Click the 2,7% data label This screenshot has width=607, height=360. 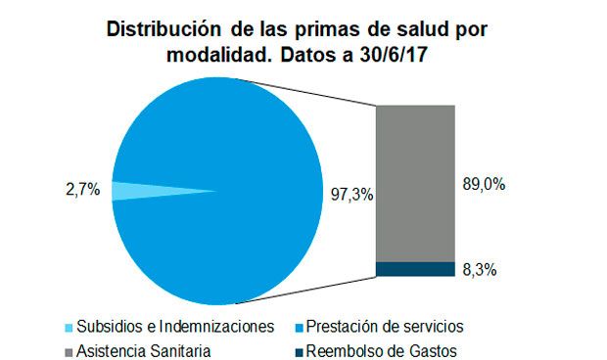82,191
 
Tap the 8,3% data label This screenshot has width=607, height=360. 480,269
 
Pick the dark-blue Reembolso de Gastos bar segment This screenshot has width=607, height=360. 415,269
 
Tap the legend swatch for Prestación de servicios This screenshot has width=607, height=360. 297,326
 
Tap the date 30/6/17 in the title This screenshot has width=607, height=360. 398,56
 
